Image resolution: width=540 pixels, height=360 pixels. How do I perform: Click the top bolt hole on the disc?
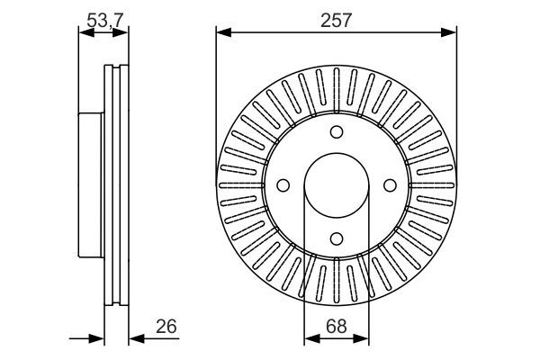(x=337, y=132)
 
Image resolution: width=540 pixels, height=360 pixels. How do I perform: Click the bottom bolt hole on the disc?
(x=337, y=238)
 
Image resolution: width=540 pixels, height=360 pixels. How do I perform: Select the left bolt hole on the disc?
(x=283, y=185)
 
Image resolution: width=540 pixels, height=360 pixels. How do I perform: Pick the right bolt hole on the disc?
(x=390, y=185)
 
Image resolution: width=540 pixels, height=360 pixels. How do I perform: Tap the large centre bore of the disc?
(x=337, y=185)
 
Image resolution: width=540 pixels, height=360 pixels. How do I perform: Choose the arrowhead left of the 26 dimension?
(x=100, y=339)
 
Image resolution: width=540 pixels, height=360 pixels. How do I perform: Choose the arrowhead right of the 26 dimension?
(x=135, y=339)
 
